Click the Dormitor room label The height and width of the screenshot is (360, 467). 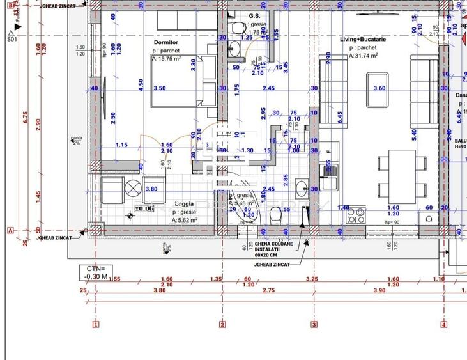coord(165,42)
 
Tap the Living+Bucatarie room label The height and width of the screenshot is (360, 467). coord(363,39)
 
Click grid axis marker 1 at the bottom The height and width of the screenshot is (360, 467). coord(96,324)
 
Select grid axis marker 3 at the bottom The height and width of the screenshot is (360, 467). coord(314,324)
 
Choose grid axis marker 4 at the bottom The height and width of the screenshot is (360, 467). coord(444,324)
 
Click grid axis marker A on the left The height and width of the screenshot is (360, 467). coord(10,231)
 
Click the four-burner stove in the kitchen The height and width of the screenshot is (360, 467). coord(355,215)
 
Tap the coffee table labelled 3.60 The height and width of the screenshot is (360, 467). coord(379,87)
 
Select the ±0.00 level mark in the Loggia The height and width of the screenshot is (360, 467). coord(144,208)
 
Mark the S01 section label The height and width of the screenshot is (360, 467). coord(11,39)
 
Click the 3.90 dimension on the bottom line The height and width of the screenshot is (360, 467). coord(378,290)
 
